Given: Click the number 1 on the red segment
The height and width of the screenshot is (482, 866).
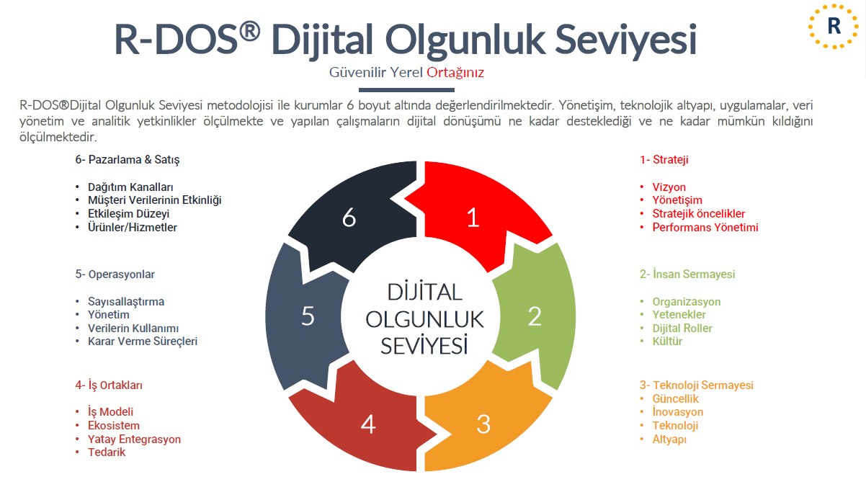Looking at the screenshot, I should click(x=473, y=218).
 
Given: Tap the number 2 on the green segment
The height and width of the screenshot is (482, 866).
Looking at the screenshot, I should click(x=534, y=316).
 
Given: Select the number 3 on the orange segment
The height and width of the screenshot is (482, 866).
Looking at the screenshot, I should click(x=483, y=424).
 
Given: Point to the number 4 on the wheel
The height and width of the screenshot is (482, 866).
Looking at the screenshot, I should click(x=368, y=424).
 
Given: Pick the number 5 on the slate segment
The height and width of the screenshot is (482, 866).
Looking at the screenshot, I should click(x=308, y=316).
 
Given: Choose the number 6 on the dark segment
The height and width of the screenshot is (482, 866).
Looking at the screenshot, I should click(x=349, y=218).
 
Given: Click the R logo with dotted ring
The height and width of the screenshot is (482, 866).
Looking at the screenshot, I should click(x=834, y=27).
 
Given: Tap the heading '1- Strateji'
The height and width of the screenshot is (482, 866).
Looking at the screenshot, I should click(x=664, y=160).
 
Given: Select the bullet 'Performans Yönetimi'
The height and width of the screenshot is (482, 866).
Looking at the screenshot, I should click(x=705, y=228).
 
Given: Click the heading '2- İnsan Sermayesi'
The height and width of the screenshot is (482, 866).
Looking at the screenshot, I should click(x=687, y=275).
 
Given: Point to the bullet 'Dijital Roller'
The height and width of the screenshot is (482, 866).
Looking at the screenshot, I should click(x=682, y=329).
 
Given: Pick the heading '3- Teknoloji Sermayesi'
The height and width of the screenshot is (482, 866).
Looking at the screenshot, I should click(x=696, y=385).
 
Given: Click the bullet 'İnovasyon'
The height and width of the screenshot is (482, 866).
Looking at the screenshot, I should click(x=677, y=412).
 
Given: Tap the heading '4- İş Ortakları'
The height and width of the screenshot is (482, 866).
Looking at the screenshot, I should click(x=109, y=385).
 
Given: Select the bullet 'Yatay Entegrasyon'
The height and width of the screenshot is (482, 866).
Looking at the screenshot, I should click(x=134, y=439).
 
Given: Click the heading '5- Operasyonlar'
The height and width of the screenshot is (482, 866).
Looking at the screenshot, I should click(x=115, y=275).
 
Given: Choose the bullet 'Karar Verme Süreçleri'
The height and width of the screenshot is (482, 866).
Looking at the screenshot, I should click(x=143, y=342).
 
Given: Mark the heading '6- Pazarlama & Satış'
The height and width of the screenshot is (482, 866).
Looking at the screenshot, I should click(x=128, y=160).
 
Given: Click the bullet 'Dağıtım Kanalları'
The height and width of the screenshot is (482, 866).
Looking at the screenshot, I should click(x=130, y=187).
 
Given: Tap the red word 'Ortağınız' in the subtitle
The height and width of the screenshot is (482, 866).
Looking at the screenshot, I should click(x=455, y=73).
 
